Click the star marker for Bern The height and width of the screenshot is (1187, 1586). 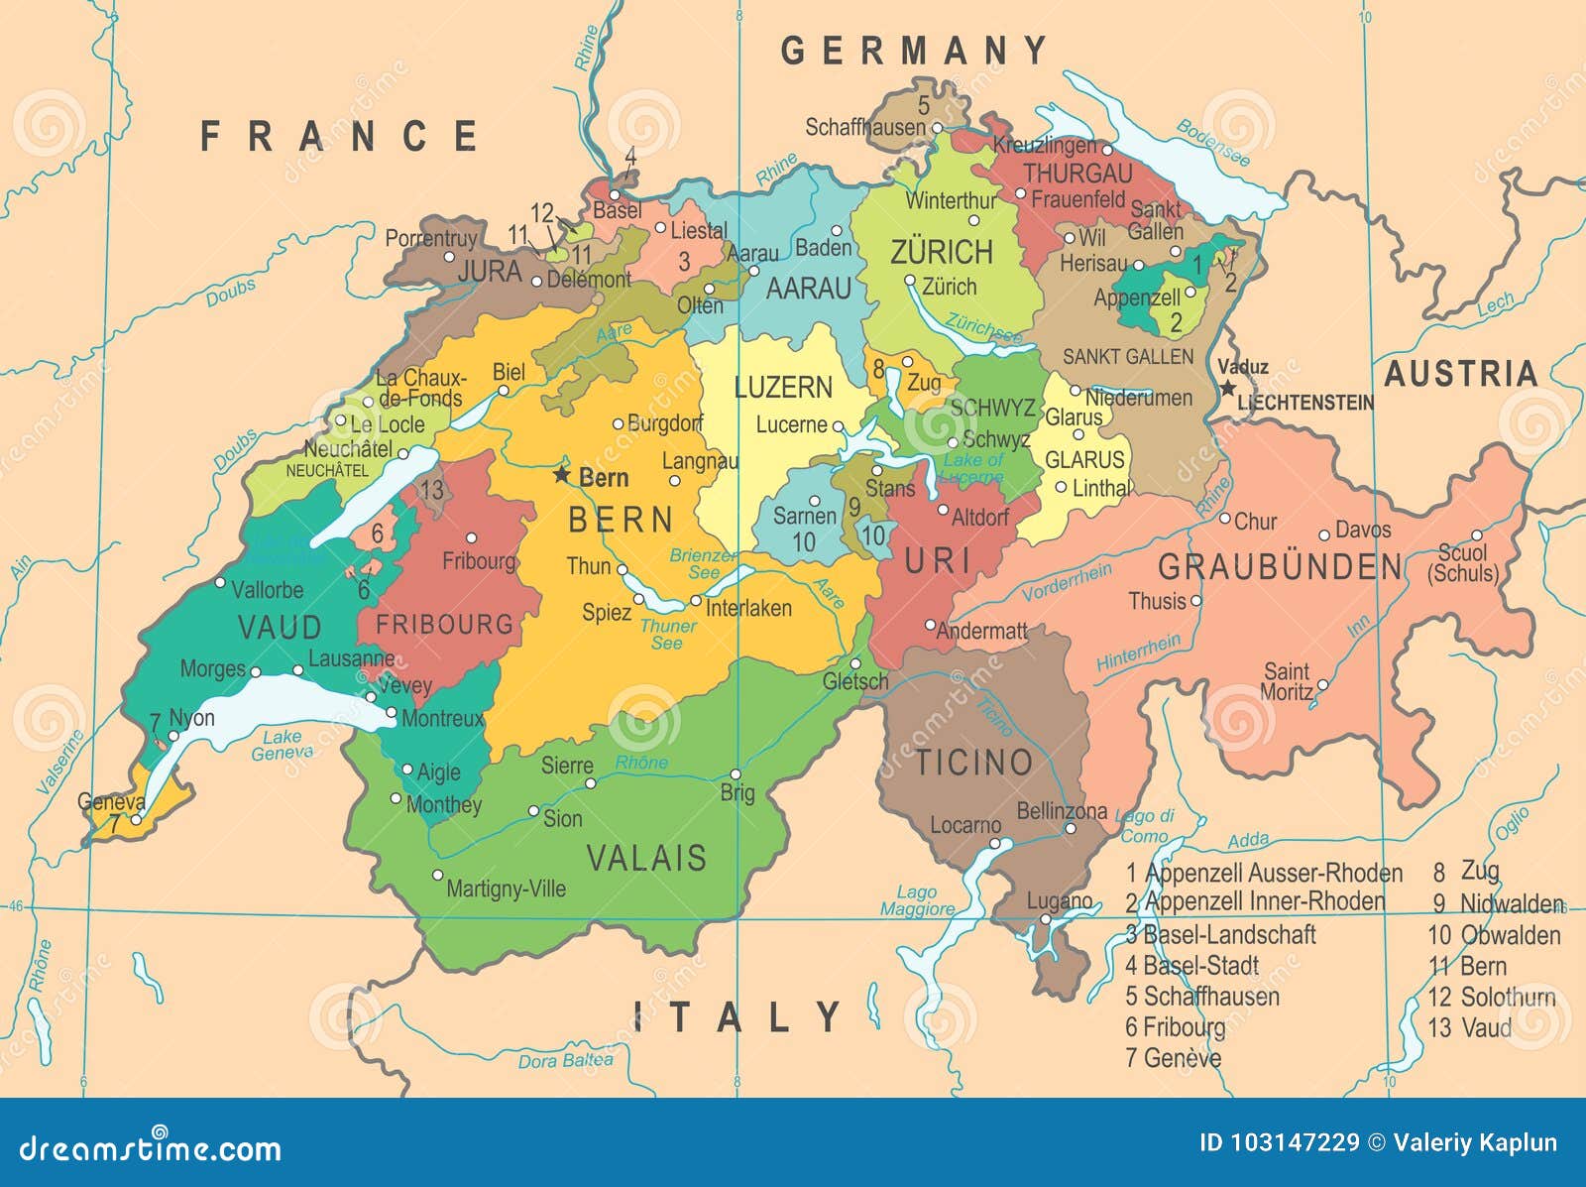pos(562,475)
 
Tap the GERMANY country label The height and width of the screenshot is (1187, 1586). pos(913,51)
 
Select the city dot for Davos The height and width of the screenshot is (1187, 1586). pos(1324,534)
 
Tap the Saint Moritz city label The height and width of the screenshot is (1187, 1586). pos(1287,681)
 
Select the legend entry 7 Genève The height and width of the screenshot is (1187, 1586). pos(1173,1058)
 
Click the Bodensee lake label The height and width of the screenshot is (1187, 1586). pos(1213,142)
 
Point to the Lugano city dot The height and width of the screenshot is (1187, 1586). pos(1045,919)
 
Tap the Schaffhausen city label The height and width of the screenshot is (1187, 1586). pos(864,127)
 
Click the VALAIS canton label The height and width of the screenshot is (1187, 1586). pos(646,858)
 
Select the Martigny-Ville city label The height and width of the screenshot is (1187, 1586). pos(506,889)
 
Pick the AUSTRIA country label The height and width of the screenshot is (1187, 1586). pos(1460,374)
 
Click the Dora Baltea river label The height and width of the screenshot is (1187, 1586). pos(565,1061)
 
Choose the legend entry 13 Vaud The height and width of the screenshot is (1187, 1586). pos(1470,1027)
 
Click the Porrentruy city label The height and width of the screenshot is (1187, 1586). pos(430,239)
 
